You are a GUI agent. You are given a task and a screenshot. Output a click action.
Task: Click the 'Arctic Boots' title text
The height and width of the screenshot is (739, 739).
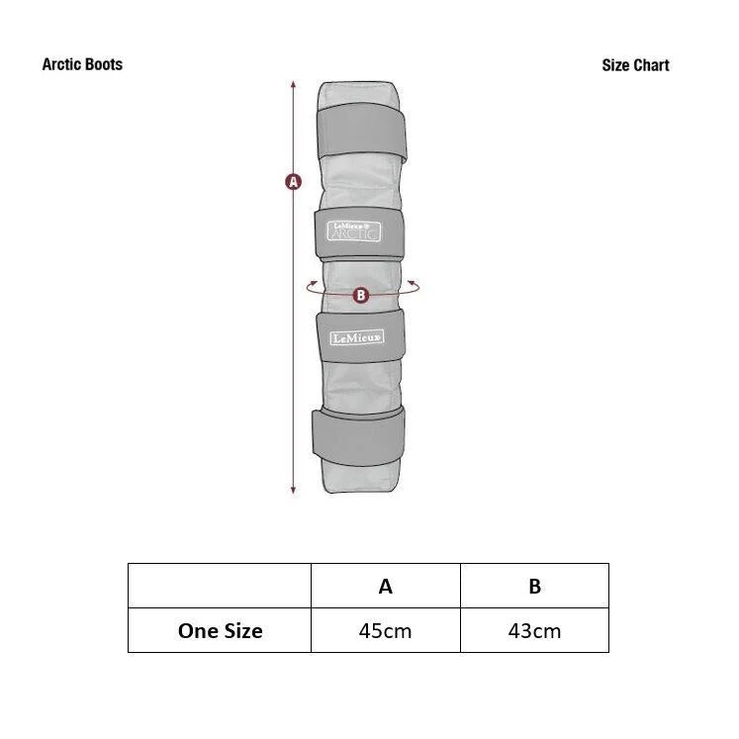82,64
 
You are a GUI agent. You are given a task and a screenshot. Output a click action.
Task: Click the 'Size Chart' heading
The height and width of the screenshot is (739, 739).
635,65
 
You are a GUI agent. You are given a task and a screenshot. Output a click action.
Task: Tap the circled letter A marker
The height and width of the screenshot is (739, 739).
293,182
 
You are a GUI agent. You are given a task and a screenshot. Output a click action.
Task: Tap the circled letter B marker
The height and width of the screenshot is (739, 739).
361,295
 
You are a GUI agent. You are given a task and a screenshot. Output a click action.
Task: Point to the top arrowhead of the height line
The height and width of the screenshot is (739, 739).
294,84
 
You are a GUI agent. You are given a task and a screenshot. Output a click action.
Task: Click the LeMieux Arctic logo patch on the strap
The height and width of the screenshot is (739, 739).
353,231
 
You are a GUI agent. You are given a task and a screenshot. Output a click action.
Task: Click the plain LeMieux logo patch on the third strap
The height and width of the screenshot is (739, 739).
356,338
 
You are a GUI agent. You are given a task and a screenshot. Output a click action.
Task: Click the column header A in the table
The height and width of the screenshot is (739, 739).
386,586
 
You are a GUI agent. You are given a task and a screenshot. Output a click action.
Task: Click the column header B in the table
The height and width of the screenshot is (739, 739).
534,586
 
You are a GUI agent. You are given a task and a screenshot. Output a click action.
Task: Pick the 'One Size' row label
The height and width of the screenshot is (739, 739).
220,630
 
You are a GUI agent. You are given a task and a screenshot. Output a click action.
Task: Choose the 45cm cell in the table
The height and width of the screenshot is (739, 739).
386,630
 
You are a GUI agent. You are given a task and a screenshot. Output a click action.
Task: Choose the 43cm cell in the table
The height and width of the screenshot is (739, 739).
534,630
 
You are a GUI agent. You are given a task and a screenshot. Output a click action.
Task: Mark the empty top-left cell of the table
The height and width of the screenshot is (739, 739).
220,586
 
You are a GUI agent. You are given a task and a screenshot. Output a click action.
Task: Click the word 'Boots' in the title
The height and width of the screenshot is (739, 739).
103,64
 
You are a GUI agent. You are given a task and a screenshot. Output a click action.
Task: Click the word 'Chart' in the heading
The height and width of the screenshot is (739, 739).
651,65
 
